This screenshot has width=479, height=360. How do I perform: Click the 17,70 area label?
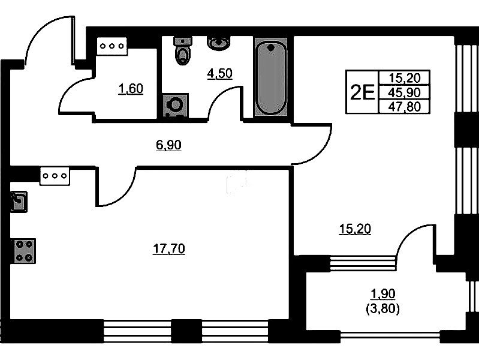point(169,249)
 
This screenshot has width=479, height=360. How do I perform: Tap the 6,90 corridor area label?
point(168,145)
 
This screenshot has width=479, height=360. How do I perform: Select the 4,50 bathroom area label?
point(219,73)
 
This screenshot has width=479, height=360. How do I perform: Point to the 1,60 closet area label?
point(131,89)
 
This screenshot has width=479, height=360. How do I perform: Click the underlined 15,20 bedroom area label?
point(355,229)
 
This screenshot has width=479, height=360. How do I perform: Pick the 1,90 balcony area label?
point(382,294)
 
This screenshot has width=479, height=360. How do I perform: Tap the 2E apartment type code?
point(362,92)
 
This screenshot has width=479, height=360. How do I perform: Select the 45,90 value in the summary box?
point(404,92)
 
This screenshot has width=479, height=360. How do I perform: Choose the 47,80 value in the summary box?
point(404,107)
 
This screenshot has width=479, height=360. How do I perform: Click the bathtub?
point(270,77)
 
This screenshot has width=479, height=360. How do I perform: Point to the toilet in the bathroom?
point(183,50)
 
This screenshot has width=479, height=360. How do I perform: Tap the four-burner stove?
point(24,251)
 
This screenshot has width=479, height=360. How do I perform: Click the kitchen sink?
point(19,202)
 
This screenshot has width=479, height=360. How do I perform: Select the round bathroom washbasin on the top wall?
point(218,43)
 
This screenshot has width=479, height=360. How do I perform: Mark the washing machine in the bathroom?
point(175,106)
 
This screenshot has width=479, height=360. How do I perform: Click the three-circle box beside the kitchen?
point(55,176)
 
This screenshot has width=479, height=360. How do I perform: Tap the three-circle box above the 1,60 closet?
point(112,46)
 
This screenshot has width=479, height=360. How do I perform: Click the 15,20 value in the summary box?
point(404,78)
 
